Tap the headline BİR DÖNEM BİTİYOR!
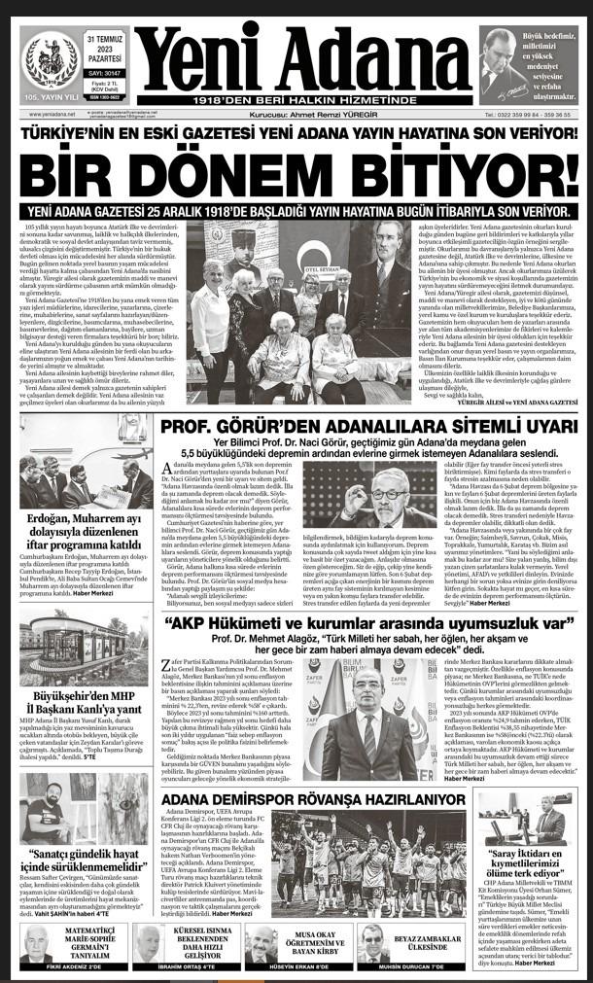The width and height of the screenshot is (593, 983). tap(296, 172)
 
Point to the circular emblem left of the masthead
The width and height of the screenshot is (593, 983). tap(50, 56)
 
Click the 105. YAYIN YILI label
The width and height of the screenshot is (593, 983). tap(49, 97)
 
